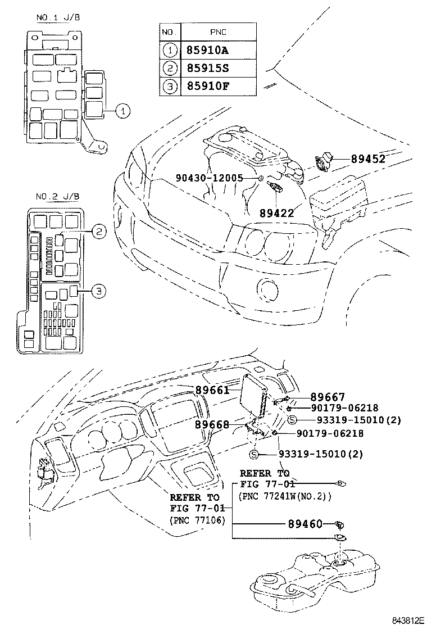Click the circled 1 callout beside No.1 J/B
pos(123,111)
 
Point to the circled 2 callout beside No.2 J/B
pos(98,230)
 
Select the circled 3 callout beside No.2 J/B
pos(98,291)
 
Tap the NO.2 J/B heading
pos(57,197)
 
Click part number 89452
pos(368,159)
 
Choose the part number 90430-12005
pos(208,178)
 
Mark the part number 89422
pos(276,213)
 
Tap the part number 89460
pos(305,524)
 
